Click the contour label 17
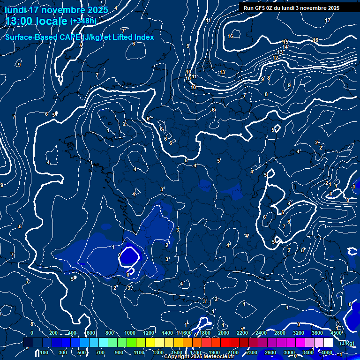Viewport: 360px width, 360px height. click(328, 20)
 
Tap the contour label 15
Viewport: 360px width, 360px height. click(285, 42)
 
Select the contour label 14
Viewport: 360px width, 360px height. click(285, 47)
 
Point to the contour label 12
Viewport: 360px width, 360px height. click(275, 58)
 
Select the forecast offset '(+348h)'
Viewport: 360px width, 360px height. click(83, 21)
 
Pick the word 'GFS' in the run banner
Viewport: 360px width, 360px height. click(262, 8)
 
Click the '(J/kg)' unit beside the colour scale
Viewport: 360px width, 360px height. click(347, 343)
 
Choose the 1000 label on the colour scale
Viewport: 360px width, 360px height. click(130, 332)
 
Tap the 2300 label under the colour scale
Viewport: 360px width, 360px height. click(251, 352)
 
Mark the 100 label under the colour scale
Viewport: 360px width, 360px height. click(45, 352)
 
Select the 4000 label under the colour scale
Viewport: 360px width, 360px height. click(326, 352)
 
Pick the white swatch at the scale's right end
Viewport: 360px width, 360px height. click(328, 343)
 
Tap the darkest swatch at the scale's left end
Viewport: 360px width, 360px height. click(28, 343)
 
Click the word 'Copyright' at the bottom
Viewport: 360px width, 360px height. click(177, 357)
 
